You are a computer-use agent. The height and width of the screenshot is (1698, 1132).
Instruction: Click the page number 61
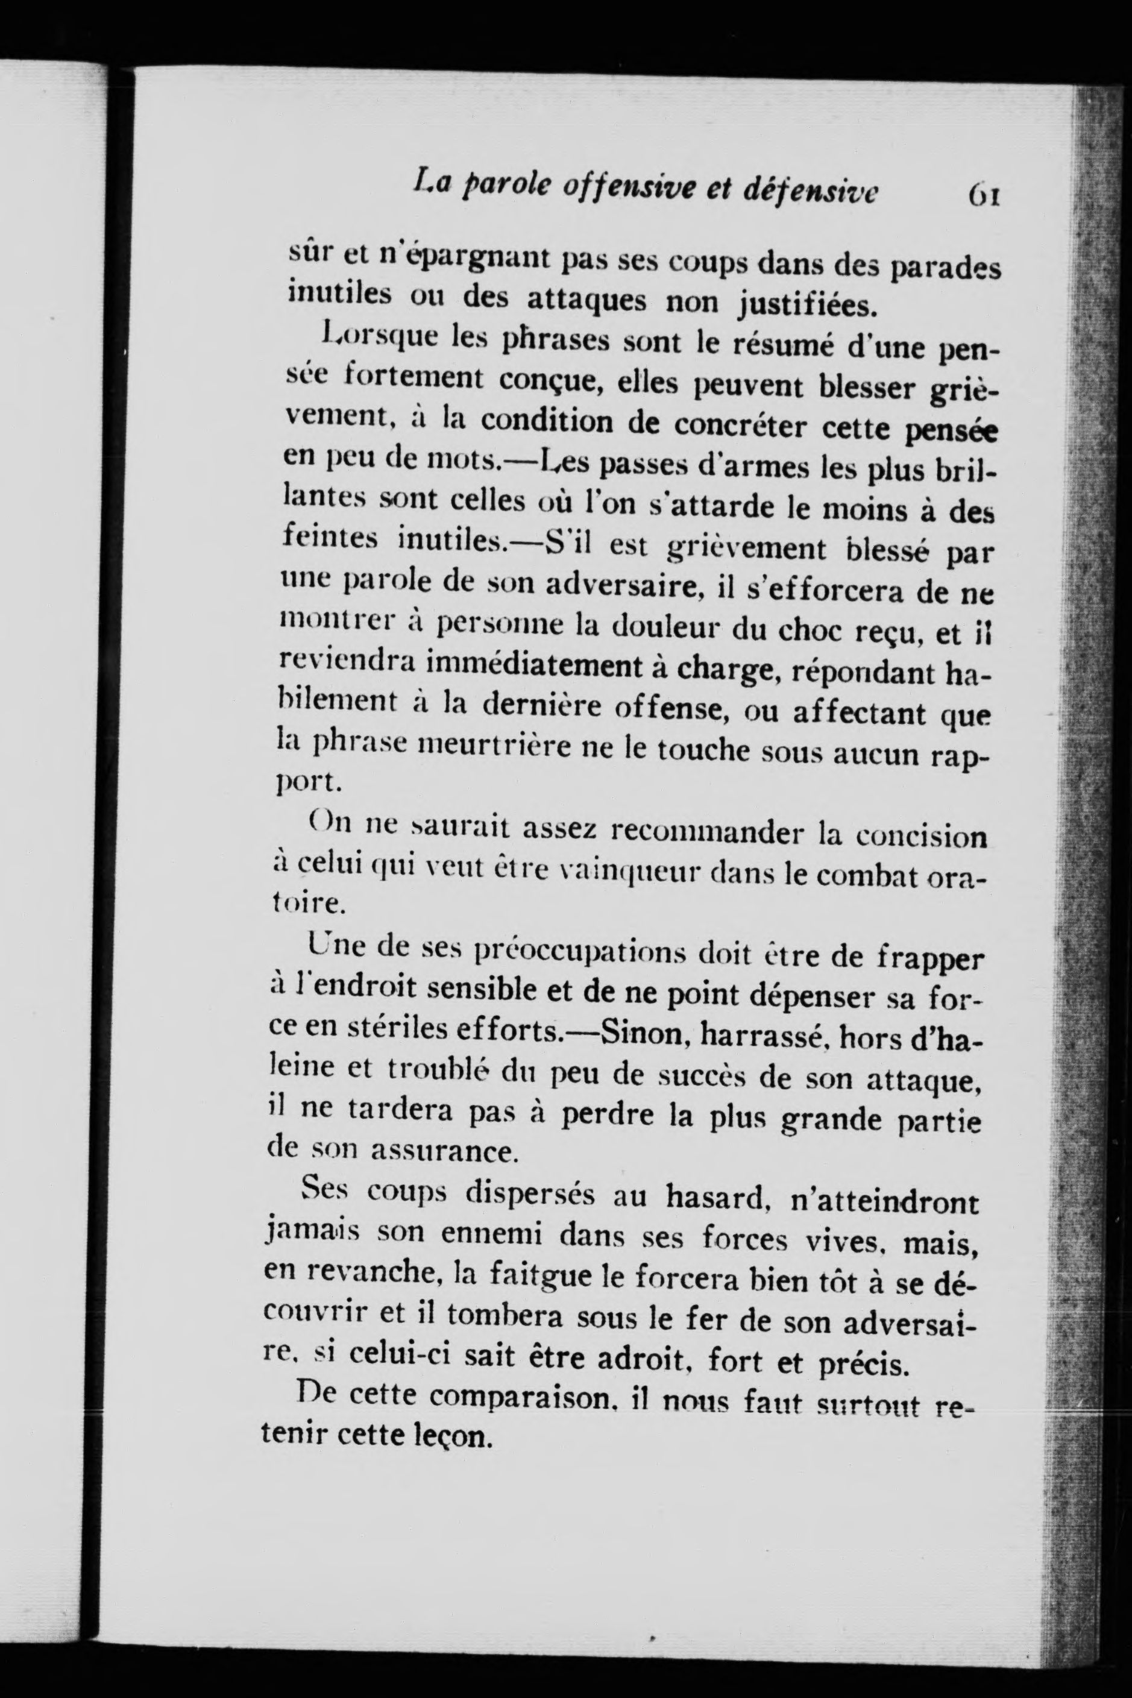984,195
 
